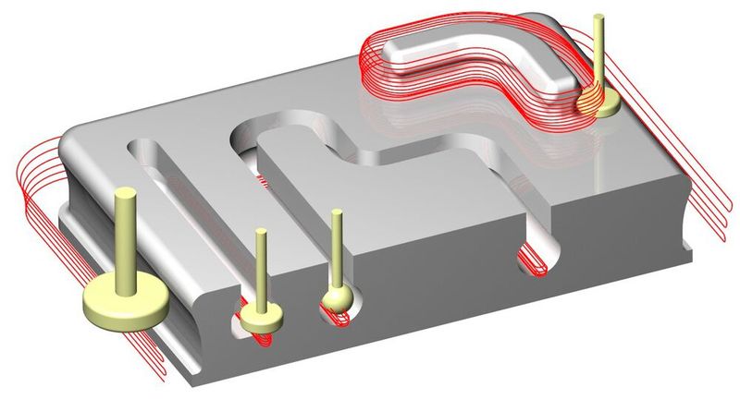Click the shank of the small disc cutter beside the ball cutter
coord(264,268)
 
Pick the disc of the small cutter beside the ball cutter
coord(263,317)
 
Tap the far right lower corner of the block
coord(689,249)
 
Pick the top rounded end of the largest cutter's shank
coord(126,191)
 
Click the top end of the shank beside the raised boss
coord(599,18)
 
